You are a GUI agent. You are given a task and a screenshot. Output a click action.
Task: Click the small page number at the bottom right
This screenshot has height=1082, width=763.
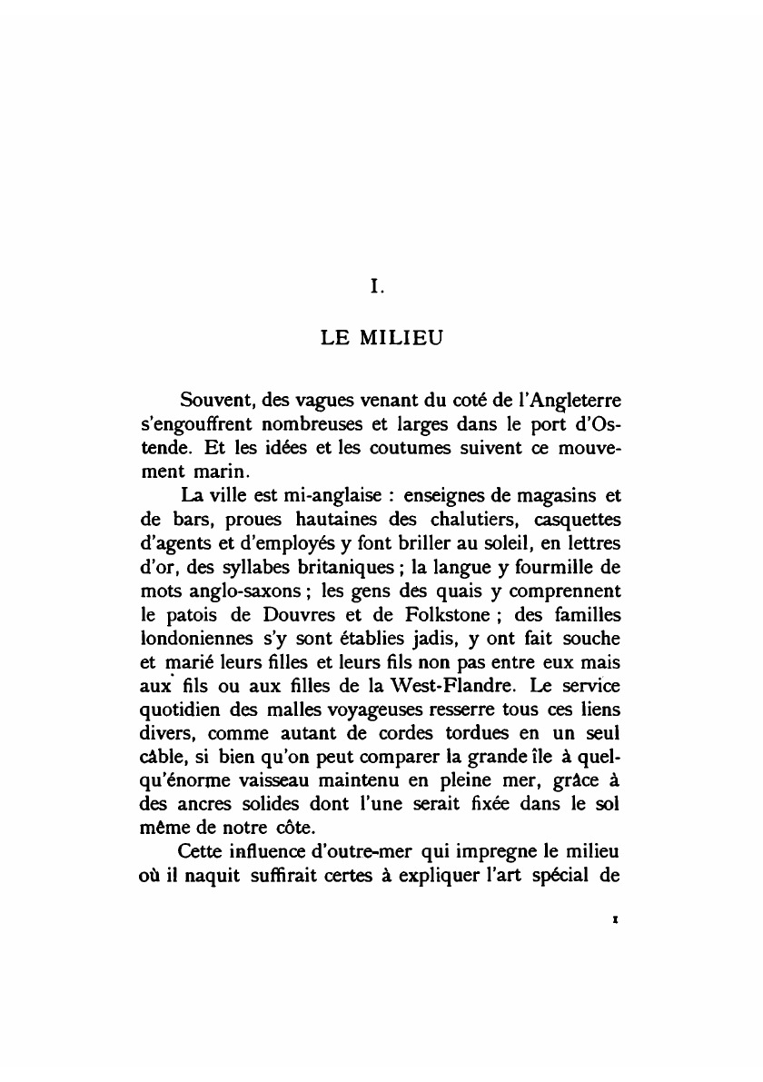pyautogui.click(x=616, y=918)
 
